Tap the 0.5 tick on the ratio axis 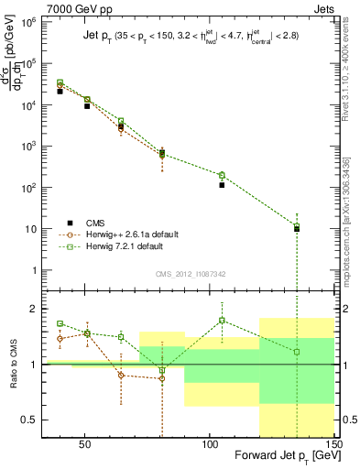[x=29, y=420]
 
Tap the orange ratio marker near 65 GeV [x=121, y=375]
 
